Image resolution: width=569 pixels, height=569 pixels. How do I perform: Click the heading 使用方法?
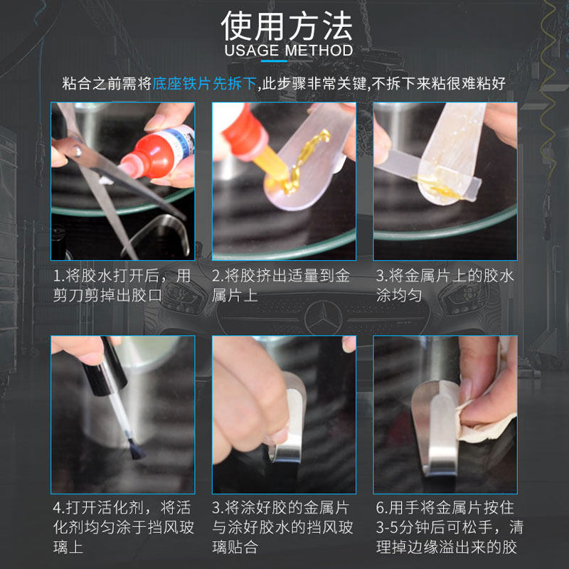click(287, 26)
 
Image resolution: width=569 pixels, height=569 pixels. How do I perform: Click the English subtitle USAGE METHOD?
click(289, 50)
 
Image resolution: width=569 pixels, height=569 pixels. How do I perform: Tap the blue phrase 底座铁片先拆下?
click(204, 83)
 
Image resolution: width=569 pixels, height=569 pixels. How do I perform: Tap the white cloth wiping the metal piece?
click(486, 418)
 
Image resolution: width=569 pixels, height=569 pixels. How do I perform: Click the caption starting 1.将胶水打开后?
click(122, 286)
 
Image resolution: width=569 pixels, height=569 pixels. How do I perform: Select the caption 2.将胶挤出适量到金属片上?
click(281, 286)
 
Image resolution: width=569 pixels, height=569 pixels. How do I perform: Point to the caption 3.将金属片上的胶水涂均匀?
click(445, 286)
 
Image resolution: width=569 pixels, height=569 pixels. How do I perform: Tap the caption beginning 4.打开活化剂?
click(123, 527)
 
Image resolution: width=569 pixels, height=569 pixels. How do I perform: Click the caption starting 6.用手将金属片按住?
click(450, 527)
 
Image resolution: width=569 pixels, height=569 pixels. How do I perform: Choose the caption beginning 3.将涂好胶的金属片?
click(282, 527)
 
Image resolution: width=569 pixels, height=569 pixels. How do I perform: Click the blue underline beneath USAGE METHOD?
click(274, 61)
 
